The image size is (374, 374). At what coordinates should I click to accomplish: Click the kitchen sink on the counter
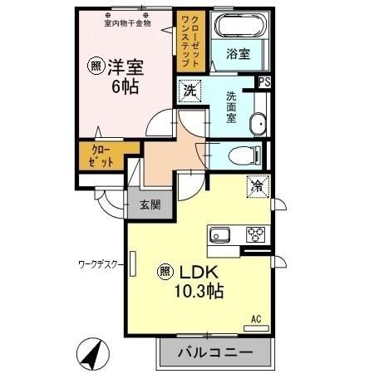click(220, 234)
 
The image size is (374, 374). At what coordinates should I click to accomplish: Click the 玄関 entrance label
click(150, 204)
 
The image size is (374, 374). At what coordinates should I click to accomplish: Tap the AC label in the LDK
click(256, 318)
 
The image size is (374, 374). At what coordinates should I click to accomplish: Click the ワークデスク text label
click(99, 264)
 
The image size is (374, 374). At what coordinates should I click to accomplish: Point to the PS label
click(264, 81)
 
